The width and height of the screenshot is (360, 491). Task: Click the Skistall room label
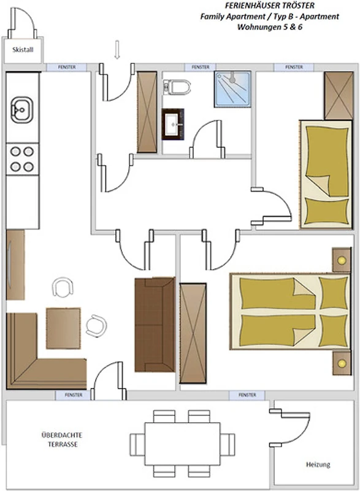tap(23, 50)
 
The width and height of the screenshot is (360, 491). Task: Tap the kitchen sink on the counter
tap(21, 110)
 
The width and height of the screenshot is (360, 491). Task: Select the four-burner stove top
tap(22, 159)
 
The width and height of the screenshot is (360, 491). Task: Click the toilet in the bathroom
tap(177, 87)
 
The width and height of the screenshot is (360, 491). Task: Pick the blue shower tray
tap(232, 89)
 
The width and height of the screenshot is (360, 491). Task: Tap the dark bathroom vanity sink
tap(173, 124)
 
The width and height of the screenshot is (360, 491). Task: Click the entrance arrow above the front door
tap(117, 50)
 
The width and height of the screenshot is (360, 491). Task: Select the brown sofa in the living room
tap(155, 325)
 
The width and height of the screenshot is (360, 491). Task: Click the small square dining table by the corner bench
tap(63, 328)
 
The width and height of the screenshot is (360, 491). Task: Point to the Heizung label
tap(318, 465)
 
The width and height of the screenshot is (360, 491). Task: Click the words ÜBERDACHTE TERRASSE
tap(62, 439)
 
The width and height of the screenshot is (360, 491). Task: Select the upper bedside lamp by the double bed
tap(342, 260)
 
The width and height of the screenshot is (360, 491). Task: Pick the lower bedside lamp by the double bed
tap(342, 363)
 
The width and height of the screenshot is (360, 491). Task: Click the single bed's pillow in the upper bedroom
tap(326, 211)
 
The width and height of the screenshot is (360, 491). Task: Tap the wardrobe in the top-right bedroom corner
tap(339, 96)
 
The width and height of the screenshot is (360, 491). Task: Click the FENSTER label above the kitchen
tap(67, 67)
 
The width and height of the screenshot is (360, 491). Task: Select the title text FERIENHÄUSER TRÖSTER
tap(270, 6)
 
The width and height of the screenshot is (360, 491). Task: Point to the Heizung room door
tap(289, 427)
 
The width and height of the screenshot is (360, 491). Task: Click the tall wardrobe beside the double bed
tap(193, 333)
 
